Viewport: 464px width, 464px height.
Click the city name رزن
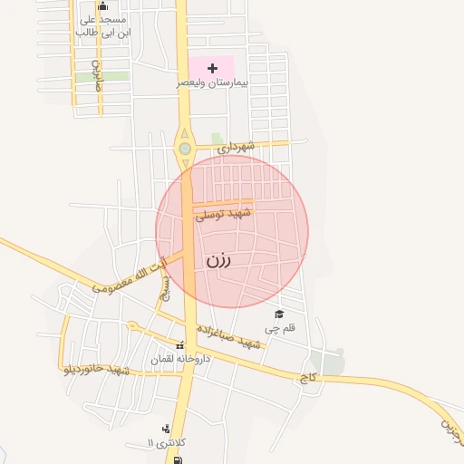[218, 260]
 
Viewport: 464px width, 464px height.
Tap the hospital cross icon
[212, 68]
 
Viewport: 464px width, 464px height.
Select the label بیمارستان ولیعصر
[212, 82]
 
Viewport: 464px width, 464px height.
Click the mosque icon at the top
[102, 6]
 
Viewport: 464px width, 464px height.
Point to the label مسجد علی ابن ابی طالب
[102, 25]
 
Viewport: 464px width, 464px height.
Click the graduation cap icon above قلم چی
[279, 314]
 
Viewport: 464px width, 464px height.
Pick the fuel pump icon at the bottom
[177, 459]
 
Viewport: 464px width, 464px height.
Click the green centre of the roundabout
[185, 148]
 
